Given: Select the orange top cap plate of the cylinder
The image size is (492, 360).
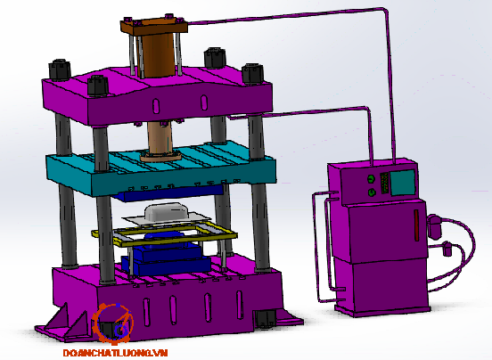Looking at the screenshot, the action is coord(153,26).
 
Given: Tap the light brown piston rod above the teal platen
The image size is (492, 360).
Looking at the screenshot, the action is coord(160,137).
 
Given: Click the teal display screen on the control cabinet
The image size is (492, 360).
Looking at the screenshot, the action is coord(403,182).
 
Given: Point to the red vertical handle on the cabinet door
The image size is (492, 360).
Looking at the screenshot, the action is coord(417,225).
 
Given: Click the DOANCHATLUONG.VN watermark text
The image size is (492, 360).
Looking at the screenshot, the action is coord(116,353).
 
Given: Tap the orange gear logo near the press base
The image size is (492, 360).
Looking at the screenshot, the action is coord(113,323).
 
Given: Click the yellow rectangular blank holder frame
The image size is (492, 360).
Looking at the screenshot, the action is coord(164,234).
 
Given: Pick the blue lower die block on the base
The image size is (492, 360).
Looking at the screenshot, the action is coord(167,256).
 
